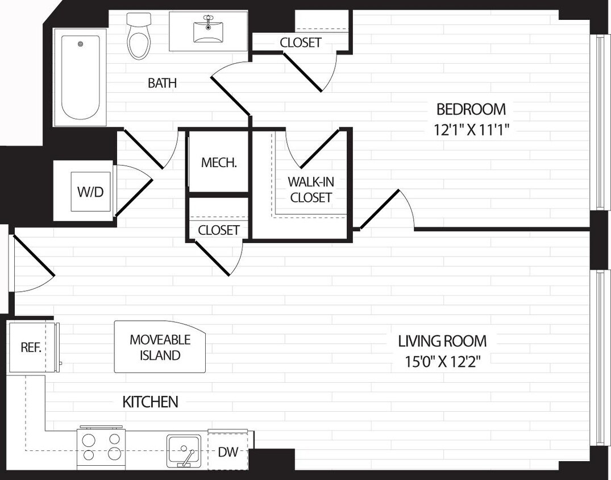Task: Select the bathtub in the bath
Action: click(80, 77)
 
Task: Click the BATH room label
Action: click(162, 83)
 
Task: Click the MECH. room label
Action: click(219, 163)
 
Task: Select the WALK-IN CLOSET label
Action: click(310, 190)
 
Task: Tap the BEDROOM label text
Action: click(471, 109)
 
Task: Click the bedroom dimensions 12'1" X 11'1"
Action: click(471, 129)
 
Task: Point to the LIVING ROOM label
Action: click(442, 341)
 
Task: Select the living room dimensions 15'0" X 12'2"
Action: click(442, 362)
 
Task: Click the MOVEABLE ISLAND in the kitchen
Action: click(160, 347)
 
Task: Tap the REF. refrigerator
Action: click(31, 347)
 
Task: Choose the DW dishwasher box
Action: click(227, 453)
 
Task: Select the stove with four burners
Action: click(101, 447)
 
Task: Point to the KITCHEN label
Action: click(150, 402)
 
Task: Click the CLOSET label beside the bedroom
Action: click(301, 43)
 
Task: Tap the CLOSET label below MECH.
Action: click(219, 230)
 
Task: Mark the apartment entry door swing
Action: click(31, 267)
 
